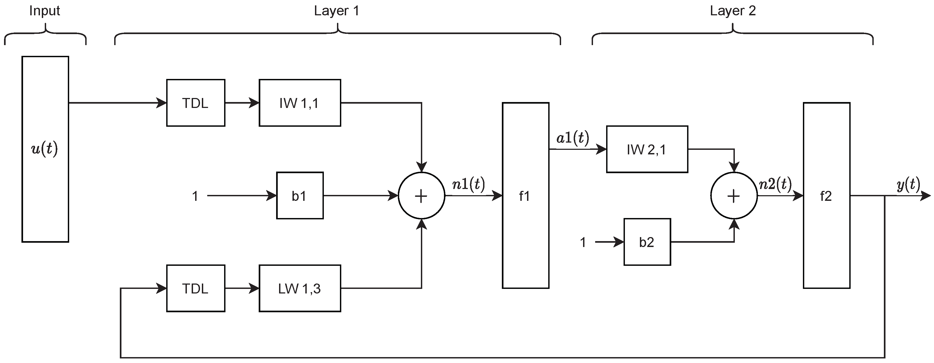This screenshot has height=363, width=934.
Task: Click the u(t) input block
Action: tap(45, 149)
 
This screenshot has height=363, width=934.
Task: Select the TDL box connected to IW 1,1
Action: tap(195, 103)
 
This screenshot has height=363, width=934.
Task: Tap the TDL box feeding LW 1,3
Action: tap(195, 288)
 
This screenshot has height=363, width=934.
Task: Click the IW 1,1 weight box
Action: tap(299, 103)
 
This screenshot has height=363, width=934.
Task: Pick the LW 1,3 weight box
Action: tap(299, 288)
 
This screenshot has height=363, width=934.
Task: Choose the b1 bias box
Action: tap(299, 196)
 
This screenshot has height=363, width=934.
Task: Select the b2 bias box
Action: tap(647, 242)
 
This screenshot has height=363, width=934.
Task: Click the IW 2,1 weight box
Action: tap(647, 149)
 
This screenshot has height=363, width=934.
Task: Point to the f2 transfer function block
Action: tap(826, 196)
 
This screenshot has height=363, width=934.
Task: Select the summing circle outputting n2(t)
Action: tap(733, 196)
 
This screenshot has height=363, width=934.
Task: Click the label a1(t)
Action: tap(573, 138)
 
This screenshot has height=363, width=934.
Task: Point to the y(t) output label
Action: tap(908, 184)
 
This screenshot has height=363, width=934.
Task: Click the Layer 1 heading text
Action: tap(336, 11)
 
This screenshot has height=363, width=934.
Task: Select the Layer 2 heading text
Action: tap(733, 11)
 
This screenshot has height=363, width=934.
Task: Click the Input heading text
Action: tap(45, 11)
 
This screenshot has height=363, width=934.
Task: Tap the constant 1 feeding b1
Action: tap(195, 196)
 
